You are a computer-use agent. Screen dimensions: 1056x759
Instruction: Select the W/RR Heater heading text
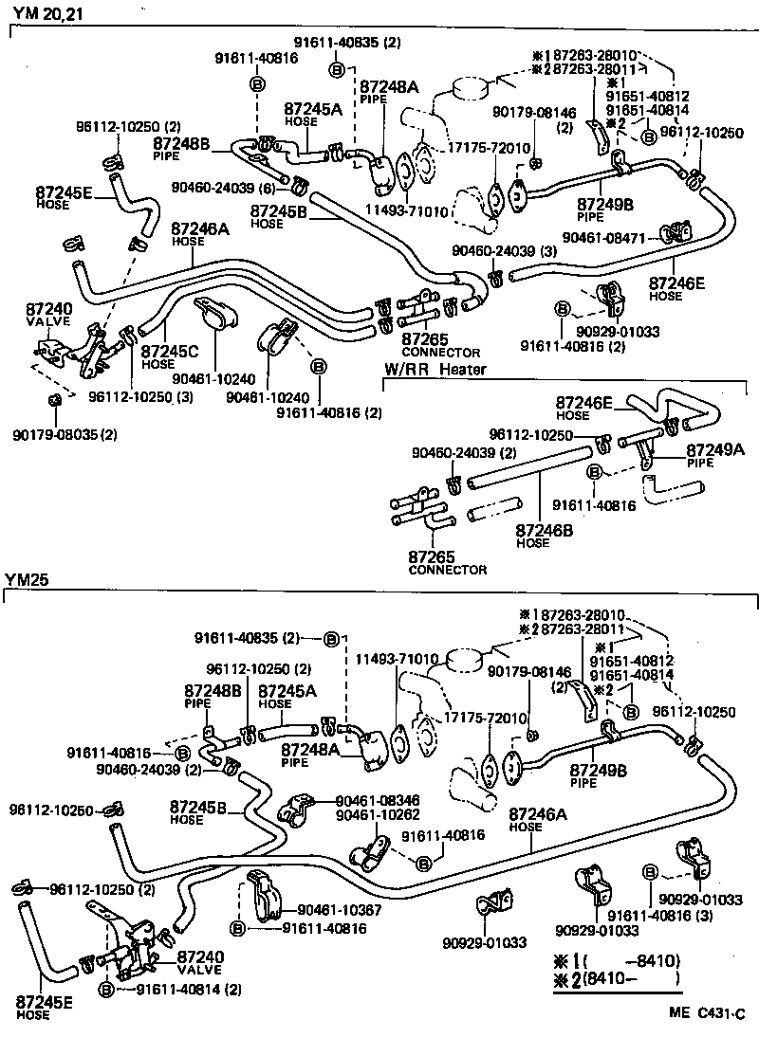point(435,369)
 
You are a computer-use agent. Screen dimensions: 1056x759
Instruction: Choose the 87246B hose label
point(546,531)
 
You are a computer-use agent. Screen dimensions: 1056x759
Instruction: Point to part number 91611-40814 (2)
point(189,989)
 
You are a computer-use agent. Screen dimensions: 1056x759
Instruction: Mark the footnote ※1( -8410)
point(614,960)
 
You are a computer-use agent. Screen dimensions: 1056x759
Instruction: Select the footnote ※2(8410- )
point(614,978)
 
